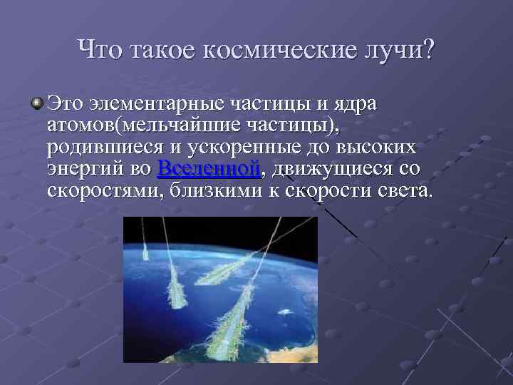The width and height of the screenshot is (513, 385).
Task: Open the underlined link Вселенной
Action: pos(207,169)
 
